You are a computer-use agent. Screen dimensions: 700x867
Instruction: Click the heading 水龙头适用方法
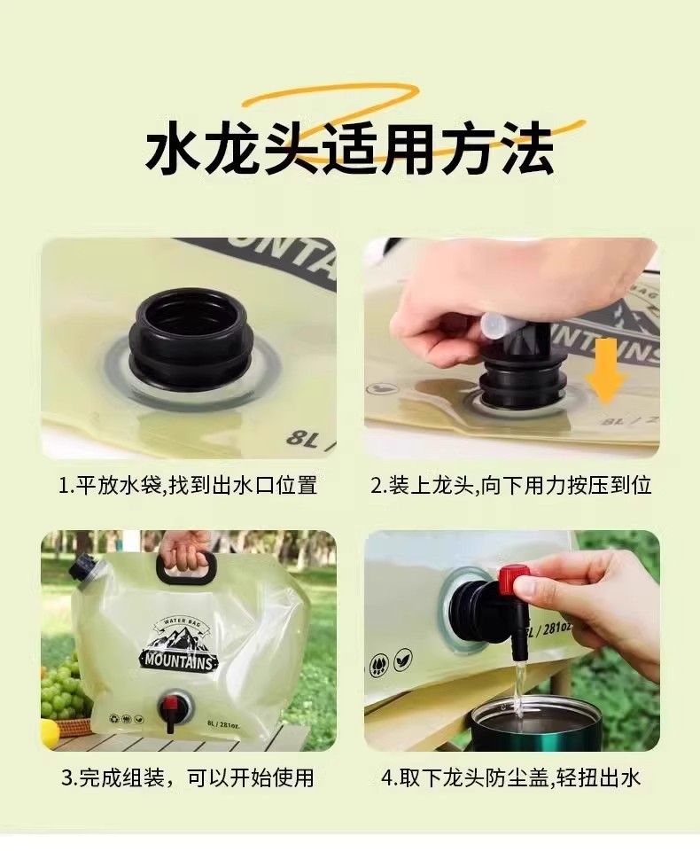point(349,149)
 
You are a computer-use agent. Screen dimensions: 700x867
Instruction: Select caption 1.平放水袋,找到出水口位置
point(189,485)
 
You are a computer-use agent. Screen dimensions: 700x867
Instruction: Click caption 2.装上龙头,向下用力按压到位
point(511,485)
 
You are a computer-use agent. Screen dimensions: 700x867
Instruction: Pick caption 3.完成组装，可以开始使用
point(187,777)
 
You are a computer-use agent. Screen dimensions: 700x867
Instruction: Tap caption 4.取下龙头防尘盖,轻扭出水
point(511,777)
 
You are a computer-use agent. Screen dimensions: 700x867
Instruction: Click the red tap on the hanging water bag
point(171,709)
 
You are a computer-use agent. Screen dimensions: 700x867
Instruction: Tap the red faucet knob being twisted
point(511,581)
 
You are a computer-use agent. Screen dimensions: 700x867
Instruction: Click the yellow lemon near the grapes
point(49,729)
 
